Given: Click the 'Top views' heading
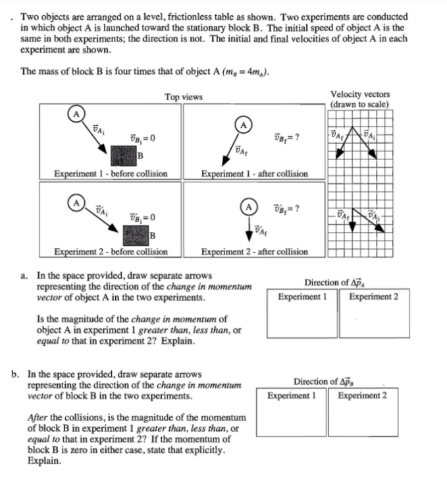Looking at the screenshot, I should click(x=183, y=98).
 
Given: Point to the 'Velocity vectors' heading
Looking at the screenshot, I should click(x=359, y=94).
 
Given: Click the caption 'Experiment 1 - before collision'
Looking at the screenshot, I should click(x=111, y=174).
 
